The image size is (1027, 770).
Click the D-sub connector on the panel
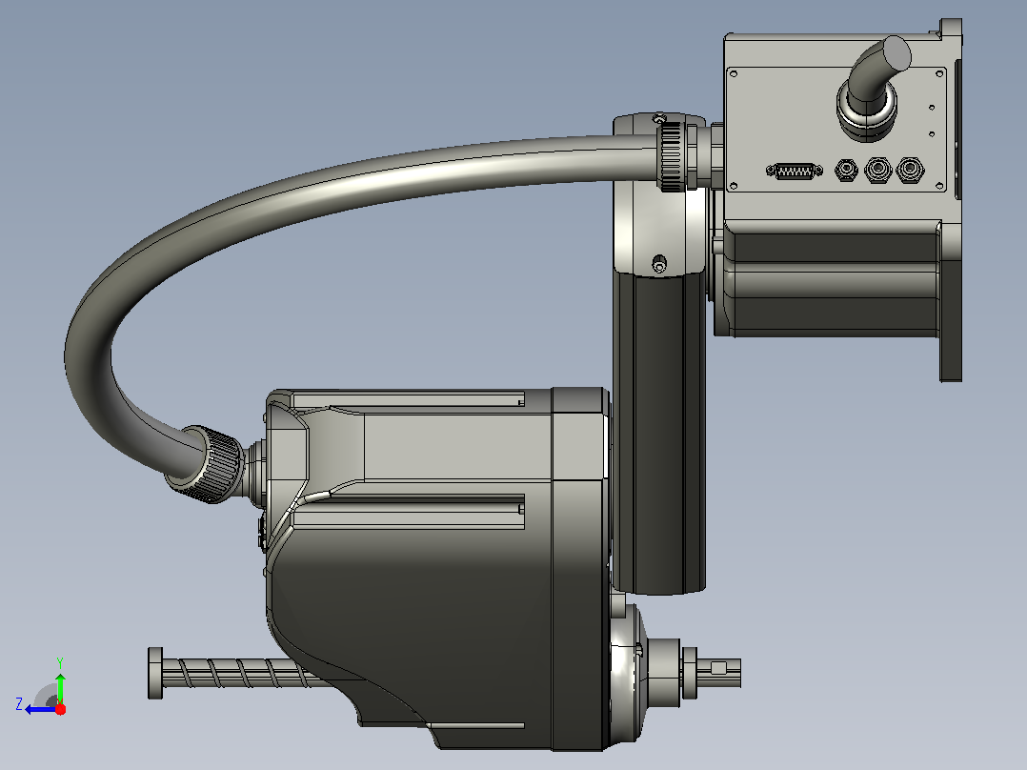click(794, 171)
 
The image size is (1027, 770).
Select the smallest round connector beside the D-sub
click(846, 171)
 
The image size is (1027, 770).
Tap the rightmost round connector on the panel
click(910, 170)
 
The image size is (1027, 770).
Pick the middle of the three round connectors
click(877, 170)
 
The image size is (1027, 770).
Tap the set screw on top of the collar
click(660, 118)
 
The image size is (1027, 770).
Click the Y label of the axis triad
click(60, 662)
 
